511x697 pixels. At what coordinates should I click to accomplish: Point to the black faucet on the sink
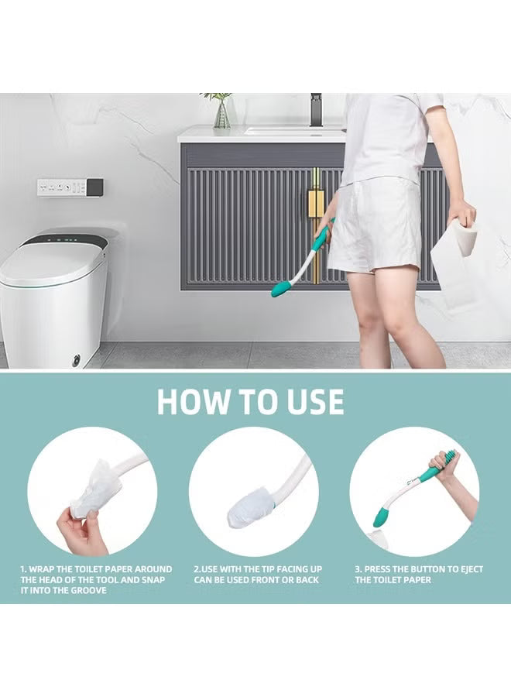[316, 110]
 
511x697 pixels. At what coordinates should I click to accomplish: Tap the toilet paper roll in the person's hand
[463, 236]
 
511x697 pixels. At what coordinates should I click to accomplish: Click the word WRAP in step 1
[43, 569]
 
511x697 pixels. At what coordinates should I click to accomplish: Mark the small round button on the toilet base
[76, 359]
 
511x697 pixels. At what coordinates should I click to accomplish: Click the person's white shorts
[374, 225]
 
